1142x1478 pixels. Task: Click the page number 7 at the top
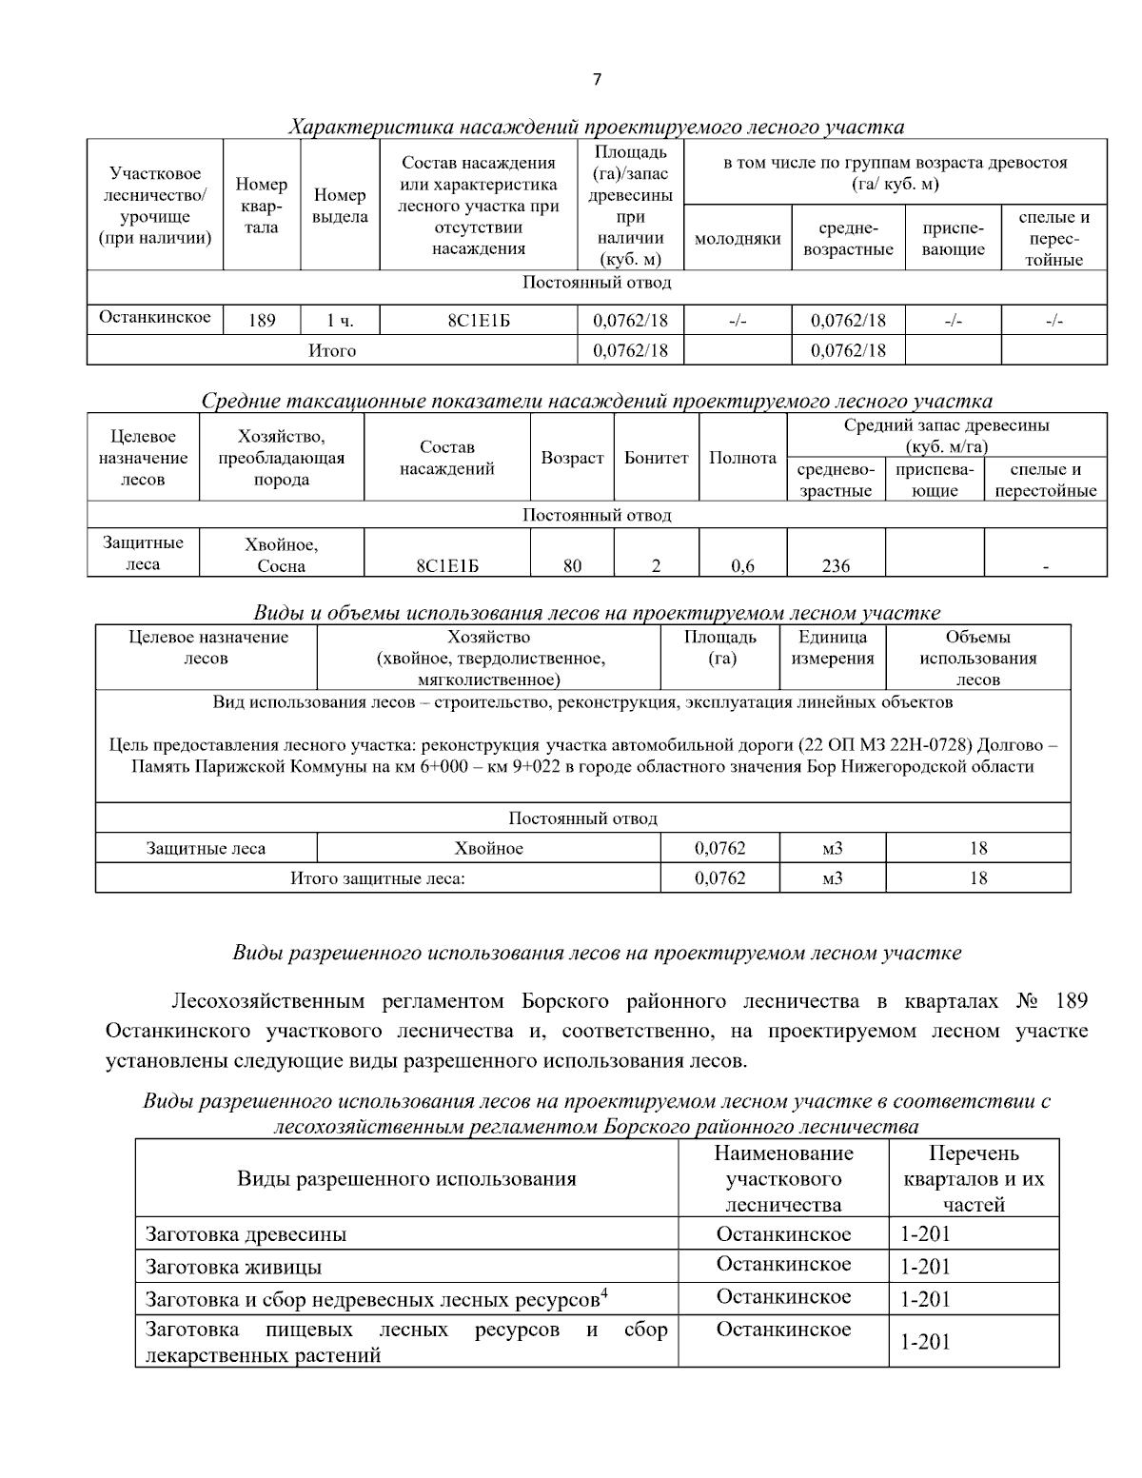[x=597, y=80]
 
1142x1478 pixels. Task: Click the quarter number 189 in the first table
[x=262, y=321]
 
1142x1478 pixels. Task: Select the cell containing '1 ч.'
[x=340, y=321]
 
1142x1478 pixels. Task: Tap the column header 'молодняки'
[x=738, y=239]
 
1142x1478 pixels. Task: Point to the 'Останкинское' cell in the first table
[x=155, y=318]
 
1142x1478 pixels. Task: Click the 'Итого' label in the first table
[x=332, y=351]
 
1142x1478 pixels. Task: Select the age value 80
[x=572, y=566]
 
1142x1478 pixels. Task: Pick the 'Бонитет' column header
[x=656, y=458]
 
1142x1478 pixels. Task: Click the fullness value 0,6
[x=742, y=566]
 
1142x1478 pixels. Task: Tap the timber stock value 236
[x=836, y=566]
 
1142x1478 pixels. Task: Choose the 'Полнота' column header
[x=742, y=458]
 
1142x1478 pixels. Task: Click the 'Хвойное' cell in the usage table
[x=488, y=848]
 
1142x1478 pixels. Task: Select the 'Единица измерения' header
[x=832, y=648]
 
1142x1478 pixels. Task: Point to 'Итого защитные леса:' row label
[x=377, y=878]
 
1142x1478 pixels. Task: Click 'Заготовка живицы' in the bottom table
[x=233, y=1268]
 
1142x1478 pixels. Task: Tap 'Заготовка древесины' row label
[x=246, y=1235]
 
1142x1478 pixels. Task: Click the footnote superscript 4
[x=604, y=1292]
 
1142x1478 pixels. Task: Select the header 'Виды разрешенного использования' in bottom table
[x=406, y=1179]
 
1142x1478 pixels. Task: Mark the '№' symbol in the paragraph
[x=1027, y=1002]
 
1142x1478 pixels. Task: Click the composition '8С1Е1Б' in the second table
[x=447, y=566]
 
